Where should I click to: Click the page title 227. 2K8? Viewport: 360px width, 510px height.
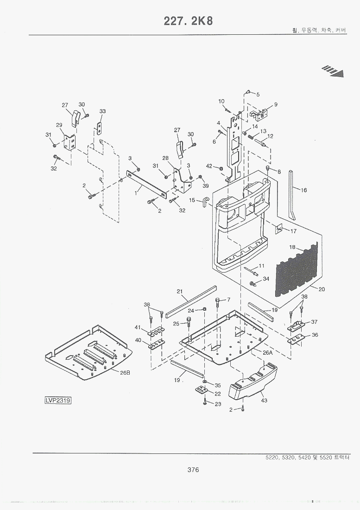click(188, 21)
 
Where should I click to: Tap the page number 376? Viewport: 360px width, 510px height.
click(193, 470)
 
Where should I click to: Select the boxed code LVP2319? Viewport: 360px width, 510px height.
click(58, 400)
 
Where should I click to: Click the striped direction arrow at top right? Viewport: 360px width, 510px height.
click(334, 70)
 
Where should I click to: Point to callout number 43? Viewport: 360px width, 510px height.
click(264, 400)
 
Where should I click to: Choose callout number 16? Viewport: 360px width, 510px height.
click(303, 190)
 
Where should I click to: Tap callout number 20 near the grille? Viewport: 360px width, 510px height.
click(322, 289)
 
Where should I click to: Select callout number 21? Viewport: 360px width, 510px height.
click(180, 291)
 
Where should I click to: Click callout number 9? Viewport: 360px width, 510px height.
click(276, 104)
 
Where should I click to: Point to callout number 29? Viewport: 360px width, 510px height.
click(59, 125)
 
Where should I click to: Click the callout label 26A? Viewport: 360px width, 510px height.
click(267, 352)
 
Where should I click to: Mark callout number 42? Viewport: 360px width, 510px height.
click(209, 166)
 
